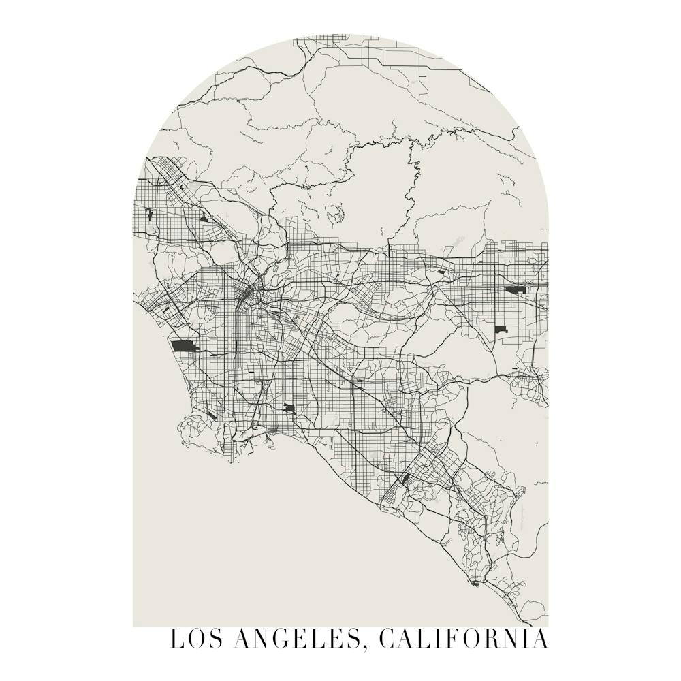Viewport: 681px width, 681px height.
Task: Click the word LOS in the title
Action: [193, 640]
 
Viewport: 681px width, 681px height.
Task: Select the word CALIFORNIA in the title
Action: [462, 640]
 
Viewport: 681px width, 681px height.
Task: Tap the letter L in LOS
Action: [176, 640]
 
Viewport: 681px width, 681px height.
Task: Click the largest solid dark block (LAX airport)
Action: [183, 346]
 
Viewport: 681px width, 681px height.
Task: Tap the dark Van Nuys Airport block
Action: [149, 215]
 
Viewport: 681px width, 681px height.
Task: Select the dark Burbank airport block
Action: [204, 219]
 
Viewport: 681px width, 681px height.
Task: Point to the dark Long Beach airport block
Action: [289, 409]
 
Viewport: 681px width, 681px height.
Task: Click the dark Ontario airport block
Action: [514, 290]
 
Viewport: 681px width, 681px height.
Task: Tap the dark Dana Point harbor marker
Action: [475, 583]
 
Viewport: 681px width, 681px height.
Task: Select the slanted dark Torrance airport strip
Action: [212, 415]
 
